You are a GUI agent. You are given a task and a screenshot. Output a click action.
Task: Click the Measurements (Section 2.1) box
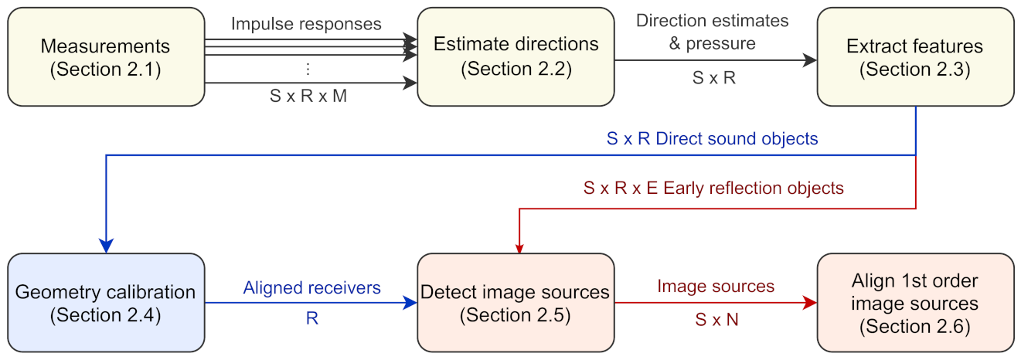(106, 56)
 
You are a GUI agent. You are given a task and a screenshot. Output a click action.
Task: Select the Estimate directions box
(516, 56)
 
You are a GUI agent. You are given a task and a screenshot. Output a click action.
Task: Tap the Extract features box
(915, 56)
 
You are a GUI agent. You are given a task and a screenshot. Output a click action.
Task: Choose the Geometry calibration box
(106, 302)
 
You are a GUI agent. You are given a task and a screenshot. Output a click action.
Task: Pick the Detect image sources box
(516, 302)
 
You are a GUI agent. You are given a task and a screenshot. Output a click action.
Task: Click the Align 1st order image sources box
(915, 302)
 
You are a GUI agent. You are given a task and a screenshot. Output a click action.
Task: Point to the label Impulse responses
(306, 23)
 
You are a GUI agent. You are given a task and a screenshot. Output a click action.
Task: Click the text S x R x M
(308, 97)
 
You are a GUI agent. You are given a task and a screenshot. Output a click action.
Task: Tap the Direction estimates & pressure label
(713, 32)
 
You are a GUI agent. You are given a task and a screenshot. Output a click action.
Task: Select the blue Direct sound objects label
(712, 140)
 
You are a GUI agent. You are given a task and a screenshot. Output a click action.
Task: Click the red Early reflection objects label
(713, 188)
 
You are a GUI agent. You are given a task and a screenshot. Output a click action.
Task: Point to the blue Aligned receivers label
(311, 287)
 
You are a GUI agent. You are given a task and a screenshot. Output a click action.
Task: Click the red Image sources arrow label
(715, 287)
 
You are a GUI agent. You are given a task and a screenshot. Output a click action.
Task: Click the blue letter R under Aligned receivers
(311, 318)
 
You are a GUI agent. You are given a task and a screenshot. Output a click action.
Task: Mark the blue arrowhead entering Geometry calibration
(106, 244)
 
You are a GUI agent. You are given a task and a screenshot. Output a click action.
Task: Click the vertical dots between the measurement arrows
(308, 69)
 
